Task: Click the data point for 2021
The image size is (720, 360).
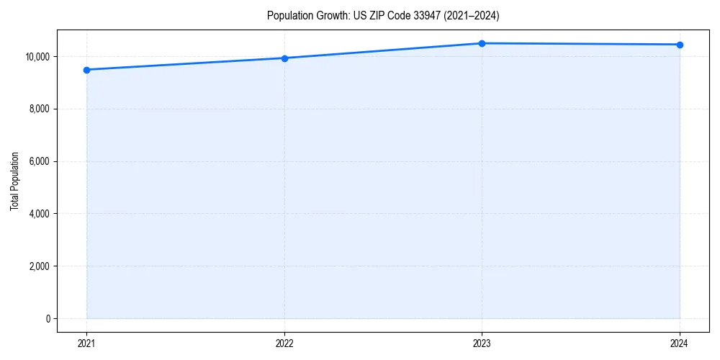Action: click(x=86, y=70)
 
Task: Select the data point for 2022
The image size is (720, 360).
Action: click(x=284, y=58)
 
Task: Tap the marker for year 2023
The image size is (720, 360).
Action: click(x=482, y=43)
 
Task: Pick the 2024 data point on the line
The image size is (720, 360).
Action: click(x=680, y=45)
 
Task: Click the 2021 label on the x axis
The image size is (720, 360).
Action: click(x=86, y=343)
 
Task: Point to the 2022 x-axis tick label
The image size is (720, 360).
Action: click(x=284, y=343)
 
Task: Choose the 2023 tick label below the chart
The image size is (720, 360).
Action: click(x=482, y=343)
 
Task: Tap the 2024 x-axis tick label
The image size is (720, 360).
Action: click(x=680, y=343)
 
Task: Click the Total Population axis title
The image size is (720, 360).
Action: click(x=14, y=181)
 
